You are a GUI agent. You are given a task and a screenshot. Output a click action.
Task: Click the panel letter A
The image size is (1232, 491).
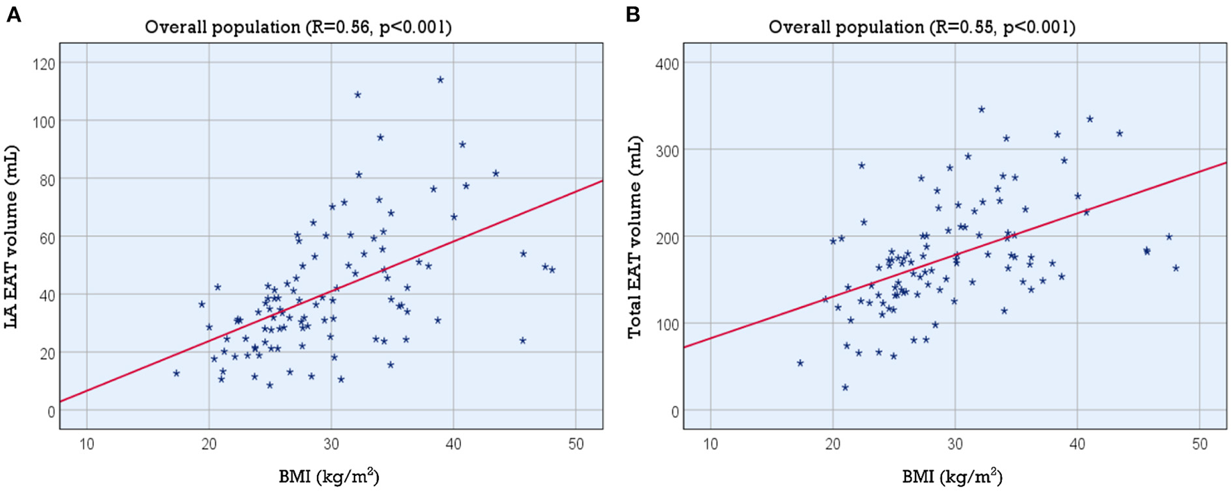[13, 14]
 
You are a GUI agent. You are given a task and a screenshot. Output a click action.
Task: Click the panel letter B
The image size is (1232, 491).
[633, 14]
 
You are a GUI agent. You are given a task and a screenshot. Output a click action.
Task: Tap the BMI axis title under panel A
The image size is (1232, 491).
[329, 476]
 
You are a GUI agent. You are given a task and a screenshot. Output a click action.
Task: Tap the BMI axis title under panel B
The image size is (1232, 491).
[952, 476]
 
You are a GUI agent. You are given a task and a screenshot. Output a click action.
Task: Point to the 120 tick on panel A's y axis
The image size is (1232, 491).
[44, 63]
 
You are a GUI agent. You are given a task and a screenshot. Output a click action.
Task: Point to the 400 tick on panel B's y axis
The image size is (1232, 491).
[667, 63]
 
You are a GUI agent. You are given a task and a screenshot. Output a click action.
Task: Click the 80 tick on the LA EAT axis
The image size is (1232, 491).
[47, 179]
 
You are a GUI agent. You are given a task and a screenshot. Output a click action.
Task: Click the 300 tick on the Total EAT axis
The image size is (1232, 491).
[667, 150]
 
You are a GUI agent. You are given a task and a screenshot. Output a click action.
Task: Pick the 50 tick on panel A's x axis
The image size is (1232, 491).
[576, 444]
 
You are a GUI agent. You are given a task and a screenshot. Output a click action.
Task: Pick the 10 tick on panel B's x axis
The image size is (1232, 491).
[711, 444]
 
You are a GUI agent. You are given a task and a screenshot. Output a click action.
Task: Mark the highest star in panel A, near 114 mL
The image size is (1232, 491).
[440, 80]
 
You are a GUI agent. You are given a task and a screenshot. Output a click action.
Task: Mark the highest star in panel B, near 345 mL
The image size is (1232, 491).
[982, 109]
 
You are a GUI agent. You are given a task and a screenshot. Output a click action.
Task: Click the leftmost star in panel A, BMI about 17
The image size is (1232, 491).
[177, 373]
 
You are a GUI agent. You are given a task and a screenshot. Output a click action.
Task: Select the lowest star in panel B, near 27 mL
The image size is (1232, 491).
[845, 387]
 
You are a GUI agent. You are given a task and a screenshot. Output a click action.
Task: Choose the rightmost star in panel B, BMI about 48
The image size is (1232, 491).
[1176, 268]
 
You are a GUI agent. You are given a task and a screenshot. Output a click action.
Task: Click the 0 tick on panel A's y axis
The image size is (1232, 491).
[51, 411]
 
